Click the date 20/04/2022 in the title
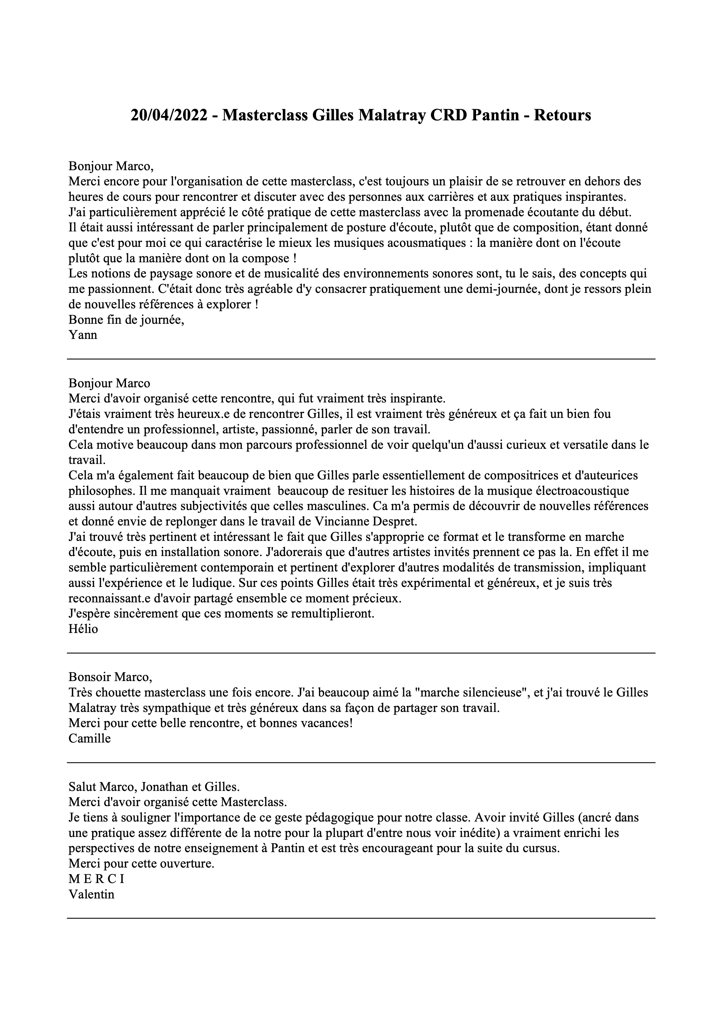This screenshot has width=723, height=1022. (x=168, y=116)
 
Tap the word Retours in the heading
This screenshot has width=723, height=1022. (x=562, y=116)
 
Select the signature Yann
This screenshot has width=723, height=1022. (x=83, y=335)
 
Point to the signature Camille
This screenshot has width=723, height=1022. (x=90, y=738)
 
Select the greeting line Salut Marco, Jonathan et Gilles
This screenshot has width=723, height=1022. (x=154, y=787)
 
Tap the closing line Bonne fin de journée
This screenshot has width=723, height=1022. (x=127, y=320)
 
